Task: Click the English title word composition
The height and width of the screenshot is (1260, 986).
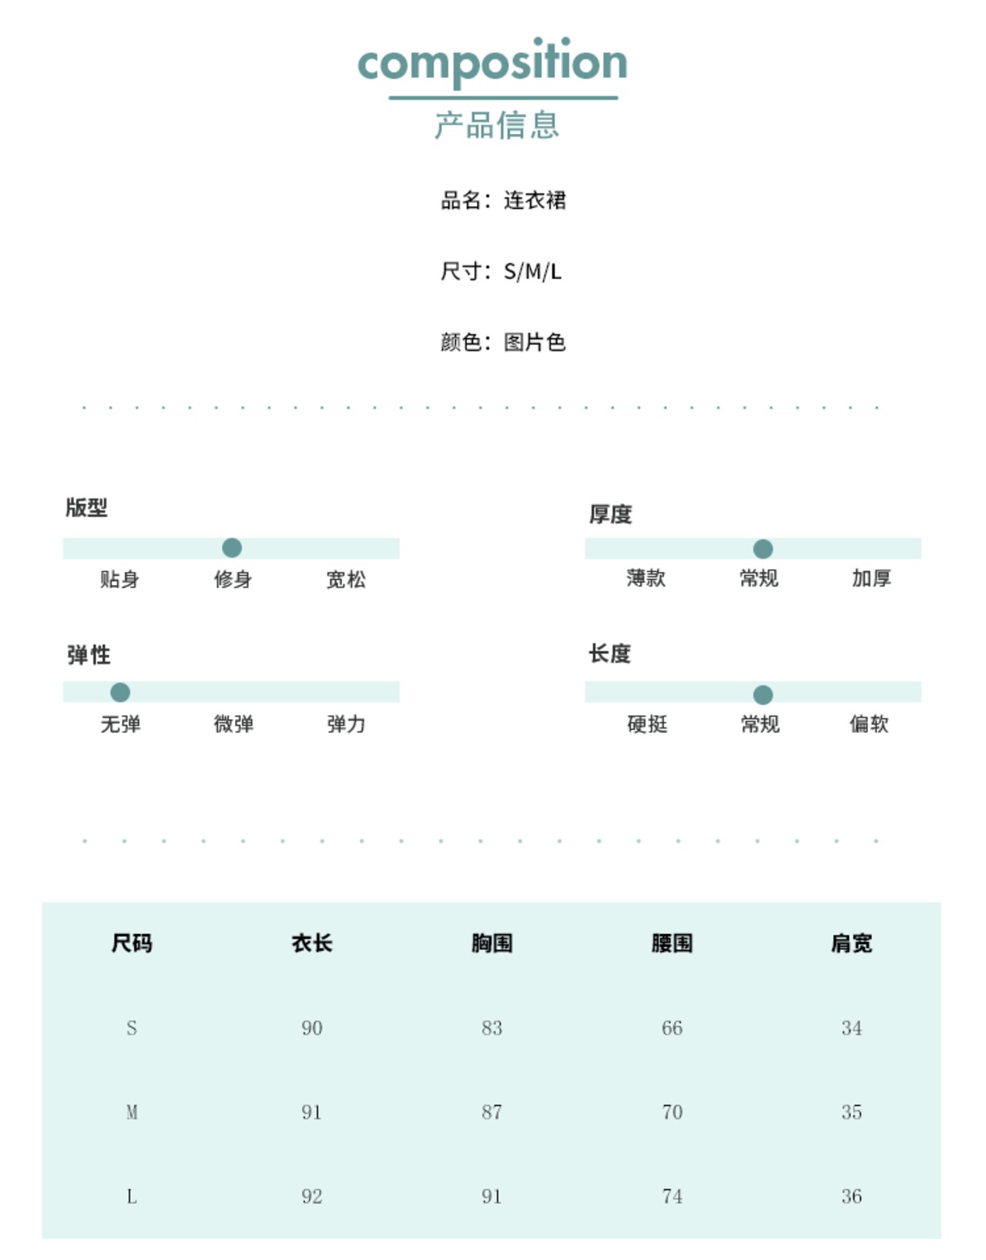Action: [x=492, y=62]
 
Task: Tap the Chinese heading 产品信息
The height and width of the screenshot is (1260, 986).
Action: [x=497, y=125]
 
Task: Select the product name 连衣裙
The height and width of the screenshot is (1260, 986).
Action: [x=535, y=200]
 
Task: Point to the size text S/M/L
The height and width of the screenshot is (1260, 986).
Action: [x=532, y=271]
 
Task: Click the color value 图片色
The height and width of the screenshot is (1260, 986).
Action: [x=535, y=342]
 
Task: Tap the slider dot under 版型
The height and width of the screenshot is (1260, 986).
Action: [x=232, y=548]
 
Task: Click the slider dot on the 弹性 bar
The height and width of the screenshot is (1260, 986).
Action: [x=120, y=692]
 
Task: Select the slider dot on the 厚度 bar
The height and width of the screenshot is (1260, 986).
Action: [x=763, y=549]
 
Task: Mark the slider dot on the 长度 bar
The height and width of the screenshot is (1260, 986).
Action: [x=763, y=694]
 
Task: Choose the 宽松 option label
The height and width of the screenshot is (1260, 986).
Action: [x=346, y=580]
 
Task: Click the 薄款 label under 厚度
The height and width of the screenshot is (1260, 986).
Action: [x=646, y=578]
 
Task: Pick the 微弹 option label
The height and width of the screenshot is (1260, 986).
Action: [x=233, y=724]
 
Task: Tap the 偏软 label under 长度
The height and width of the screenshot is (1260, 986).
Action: [x=869, y=724]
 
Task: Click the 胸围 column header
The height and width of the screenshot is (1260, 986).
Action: [x=491, y=943]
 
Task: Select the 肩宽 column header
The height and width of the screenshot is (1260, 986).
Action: [x=851, y=943]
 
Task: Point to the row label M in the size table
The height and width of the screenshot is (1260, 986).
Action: [x=132, y=1112]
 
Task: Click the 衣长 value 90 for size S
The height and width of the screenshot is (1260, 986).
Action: [x=312, y=1028]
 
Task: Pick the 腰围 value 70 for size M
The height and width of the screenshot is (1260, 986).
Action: [x=672, y=1112]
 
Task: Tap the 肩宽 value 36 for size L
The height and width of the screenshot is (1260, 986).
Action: [x=851, y=1196]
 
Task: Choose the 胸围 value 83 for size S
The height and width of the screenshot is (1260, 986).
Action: [x=491, y=1028]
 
